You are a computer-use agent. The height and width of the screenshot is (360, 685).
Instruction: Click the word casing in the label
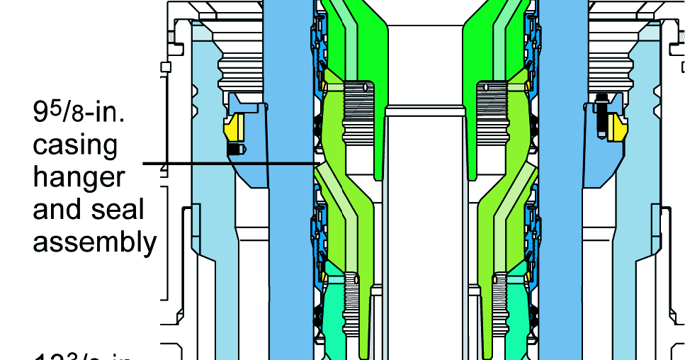(74, 145)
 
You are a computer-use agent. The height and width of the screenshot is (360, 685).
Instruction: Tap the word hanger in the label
(79, 177)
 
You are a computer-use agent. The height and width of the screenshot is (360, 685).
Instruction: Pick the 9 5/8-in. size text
(79, 111)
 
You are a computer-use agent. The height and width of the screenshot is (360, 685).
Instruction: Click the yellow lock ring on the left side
(234, 128)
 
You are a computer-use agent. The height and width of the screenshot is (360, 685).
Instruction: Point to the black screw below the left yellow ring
(235, 149)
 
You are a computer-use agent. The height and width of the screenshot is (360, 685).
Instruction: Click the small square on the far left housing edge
(166, 67)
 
